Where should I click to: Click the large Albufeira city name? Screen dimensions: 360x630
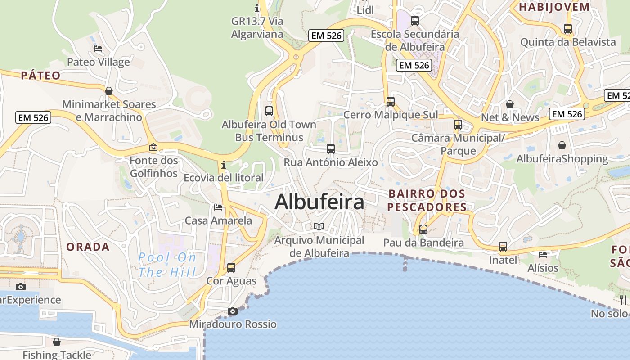(x=319, y=202)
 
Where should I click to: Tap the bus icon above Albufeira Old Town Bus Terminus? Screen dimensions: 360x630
(x=269, y=111)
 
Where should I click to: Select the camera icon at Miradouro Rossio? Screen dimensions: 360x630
(x=233, y=311)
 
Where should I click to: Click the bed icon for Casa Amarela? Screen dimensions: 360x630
(x=218, y=207)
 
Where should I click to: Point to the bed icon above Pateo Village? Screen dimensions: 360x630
(x=98, y=49)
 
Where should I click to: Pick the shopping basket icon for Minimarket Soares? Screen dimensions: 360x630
(x=109, y=91)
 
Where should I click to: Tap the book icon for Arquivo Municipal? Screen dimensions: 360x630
(x=319, y=226)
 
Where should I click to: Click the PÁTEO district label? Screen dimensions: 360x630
(x=40, y=76)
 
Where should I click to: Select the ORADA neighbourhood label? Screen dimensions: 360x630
(x=88, y=247)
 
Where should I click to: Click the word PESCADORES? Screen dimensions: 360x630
(x=427, y=207)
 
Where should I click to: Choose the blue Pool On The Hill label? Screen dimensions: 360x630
(x=167, y=265)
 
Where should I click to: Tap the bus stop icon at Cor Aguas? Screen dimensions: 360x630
(x=231, y=268)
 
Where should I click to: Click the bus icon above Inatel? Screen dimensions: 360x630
(x=503, y=247)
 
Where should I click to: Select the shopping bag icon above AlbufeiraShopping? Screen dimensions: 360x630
(x=562, y=145)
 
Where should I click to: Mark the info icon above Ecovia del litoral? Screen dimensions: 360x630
(x=224, y=165)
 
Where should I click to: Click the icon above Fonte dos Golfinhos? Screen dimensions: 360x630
(x=153, y=147)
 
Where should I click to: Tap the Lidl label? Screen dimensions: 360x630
(x=365, y=10)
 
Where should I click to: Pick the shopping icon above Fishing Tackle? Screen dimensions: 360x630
(x=57, y=342)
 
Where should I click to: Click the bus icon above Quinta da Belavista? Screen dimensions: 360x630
(x=568, y=29)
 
